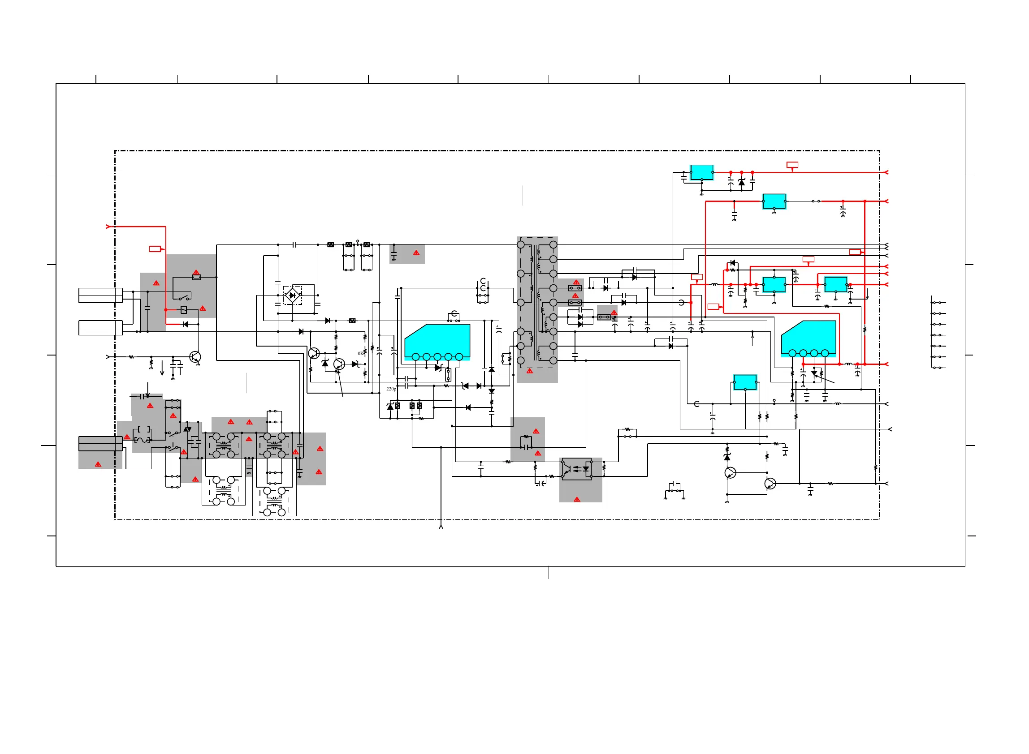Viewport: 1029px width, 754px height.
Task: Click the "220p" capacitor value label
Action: click(x=391, y=389)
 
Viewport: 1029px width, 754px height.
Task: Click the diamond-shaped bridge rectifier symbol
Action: click(x=292, y=296)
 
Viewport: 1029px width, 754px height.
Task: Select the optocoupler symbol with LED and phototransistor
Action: click(x=576, y=469)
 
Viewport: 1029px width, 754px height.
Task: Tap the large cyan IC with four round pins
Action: click(x=808, y=338)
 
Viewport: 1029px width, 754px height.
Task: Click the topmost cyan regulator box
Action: click(x=701, y=172)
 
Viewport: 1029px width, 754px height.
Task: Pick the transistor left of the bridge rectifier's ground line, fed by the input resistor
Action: click(x=195, y=356)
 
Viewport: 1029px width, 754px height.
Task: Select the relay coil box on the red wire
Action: click(x=184, y=309)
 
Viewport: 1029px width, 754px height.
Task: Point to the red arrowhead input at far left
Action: click(x=108, y=227)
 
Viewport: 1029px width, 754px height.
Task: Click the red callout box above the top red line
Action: click(x=792, y=165)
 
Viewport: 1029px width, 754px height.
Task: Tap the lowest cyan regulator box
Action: click(x=745, y=382)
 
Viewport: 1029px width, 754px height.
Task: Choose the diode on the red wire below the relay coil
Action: click(x=186, y=324)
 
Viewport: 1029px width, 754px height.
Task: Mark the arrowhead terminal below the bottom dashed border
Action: click(x=441, y=527)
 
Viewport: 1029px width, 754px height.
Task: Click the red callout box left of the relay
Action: click(x=155, y=249)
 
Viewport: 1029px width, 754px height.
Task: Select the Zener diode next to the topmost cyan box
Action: click(x=741, y=182)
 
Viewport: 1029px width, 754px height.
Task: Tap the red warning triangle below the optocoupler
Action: click(x=577, y=499)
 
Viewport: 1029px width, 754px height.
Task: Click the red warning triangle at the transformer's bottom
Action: click(x=530, y=371)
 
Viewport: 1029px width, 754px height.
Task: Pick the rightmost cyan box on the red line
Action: click(x=835, y=284)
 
